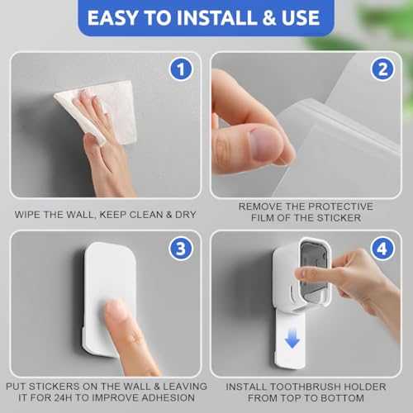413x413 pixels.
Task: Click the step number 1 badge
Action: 181,69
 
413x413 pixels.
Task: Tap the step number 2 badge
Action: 382,69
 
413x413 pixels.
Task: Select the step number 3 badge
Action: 181,249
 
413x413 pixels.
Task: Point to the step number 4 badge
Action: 382,249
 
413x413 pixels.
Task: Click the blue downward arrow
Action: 292,339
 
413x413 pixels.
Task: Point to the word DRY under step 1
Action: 186,215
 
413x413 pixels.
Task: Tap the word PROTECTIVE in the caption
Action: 340,206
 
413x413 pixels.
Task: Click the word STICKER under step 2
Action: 339,218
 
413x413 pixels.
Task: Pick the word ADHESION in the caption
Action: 167,397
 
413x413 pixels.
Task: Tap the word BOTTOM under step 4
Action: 342,398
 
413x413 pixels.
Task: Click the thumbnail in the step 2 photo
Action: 265,144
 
